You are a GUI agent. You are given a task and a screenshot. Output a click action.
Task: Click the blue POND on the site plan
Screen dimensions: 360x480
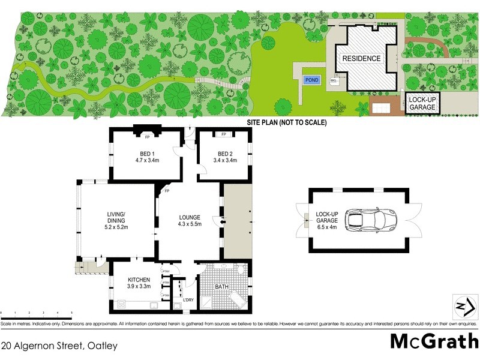coord(311,80)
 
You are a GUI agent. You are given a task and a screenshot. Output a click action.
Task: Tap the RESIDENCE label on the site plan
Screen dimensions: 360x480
coord(361,59)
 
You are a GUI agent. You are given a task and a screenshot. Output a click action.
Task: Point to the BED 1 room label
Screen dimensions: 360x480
coord(146,153)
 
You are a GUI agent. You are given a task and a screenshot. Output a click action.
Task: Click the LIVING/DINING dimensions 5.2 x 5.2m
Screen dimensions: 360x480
coord(118,227)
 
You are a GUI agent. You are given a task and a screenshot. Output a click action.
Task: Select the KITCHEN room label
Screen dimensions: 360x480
coord(138,280)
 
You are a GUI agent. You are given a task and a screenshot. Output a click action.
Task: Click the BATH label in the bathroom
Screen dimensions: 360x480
coord(222,287)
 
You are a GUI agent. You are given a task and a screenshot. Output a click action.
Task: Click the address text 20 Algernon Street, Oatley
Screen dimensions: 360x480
coord(59,346)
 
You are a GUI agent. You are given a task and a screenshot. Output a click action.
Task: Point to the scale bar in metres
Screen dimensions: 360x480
coord(36,315)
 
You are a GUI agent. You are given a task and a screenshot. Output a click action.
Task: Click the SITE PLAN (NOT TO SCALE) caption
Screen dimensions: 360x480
coord(287,122)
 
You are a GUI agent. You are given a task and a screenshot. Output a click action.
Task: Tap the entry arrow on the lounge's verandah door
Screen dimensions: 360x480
coord(223,221)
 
